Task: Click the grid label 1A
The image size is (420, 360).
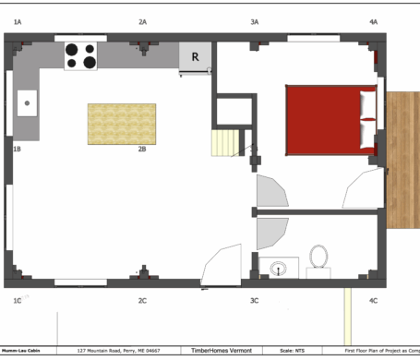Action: coord(18,20)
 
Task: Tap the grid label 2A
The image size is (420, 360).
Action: coord(142,20)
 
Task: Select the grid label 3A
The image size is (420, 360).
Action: coord(255,20)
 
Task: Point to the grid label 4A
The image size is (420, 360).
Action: coord(373,20)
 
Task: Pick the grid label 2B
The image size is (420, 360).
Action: coord(142,148)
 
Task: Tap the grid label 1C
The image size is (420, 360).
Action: coord(18,301)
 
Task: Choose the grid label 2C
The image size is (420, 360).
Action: coord(142,301)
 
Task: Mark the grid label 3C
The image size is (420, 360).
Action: coord(255,301)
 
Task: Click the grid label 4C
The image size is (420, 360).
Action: coord(373,301)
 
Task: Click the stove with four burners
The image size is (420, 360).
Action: coord(81,56)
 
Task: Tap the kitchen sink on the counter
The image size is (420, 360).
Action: coord(27,102)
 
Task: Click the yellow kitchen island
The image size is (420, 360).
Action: coord(122,124)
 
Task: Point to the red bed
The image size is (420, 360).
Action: coord(331,119)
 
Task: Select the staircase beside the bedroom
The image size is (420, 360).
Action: coord(226,144)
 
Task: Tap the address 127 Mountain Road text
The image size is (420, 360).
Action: coord(118,351)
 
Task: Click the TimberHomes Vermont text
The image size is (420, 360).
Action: coord(219,351)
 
